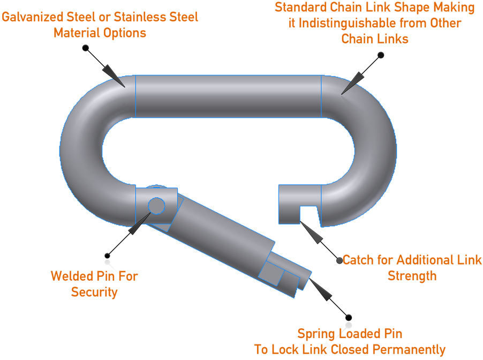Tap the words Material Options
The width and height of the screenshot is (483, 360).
click(100, 33)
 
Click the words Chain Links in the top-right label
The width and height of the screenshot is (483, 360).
click(375, 39)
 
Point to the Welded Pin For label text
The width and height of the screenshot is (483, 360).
click(94, 276)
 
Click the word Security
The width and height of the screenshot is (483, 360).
click(94, 292)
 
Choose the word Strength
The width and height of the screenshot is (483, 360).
click(412, 276)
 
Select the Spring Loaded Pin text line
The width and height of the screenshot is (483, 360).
click(350, 334)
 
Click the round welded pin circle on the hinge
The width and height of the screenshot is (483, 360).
click(156, 205)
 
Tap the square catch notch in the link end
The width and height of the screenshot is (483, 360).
click(308, 214)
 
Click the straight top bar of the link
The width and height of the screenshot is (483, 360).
click(228, 95)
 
